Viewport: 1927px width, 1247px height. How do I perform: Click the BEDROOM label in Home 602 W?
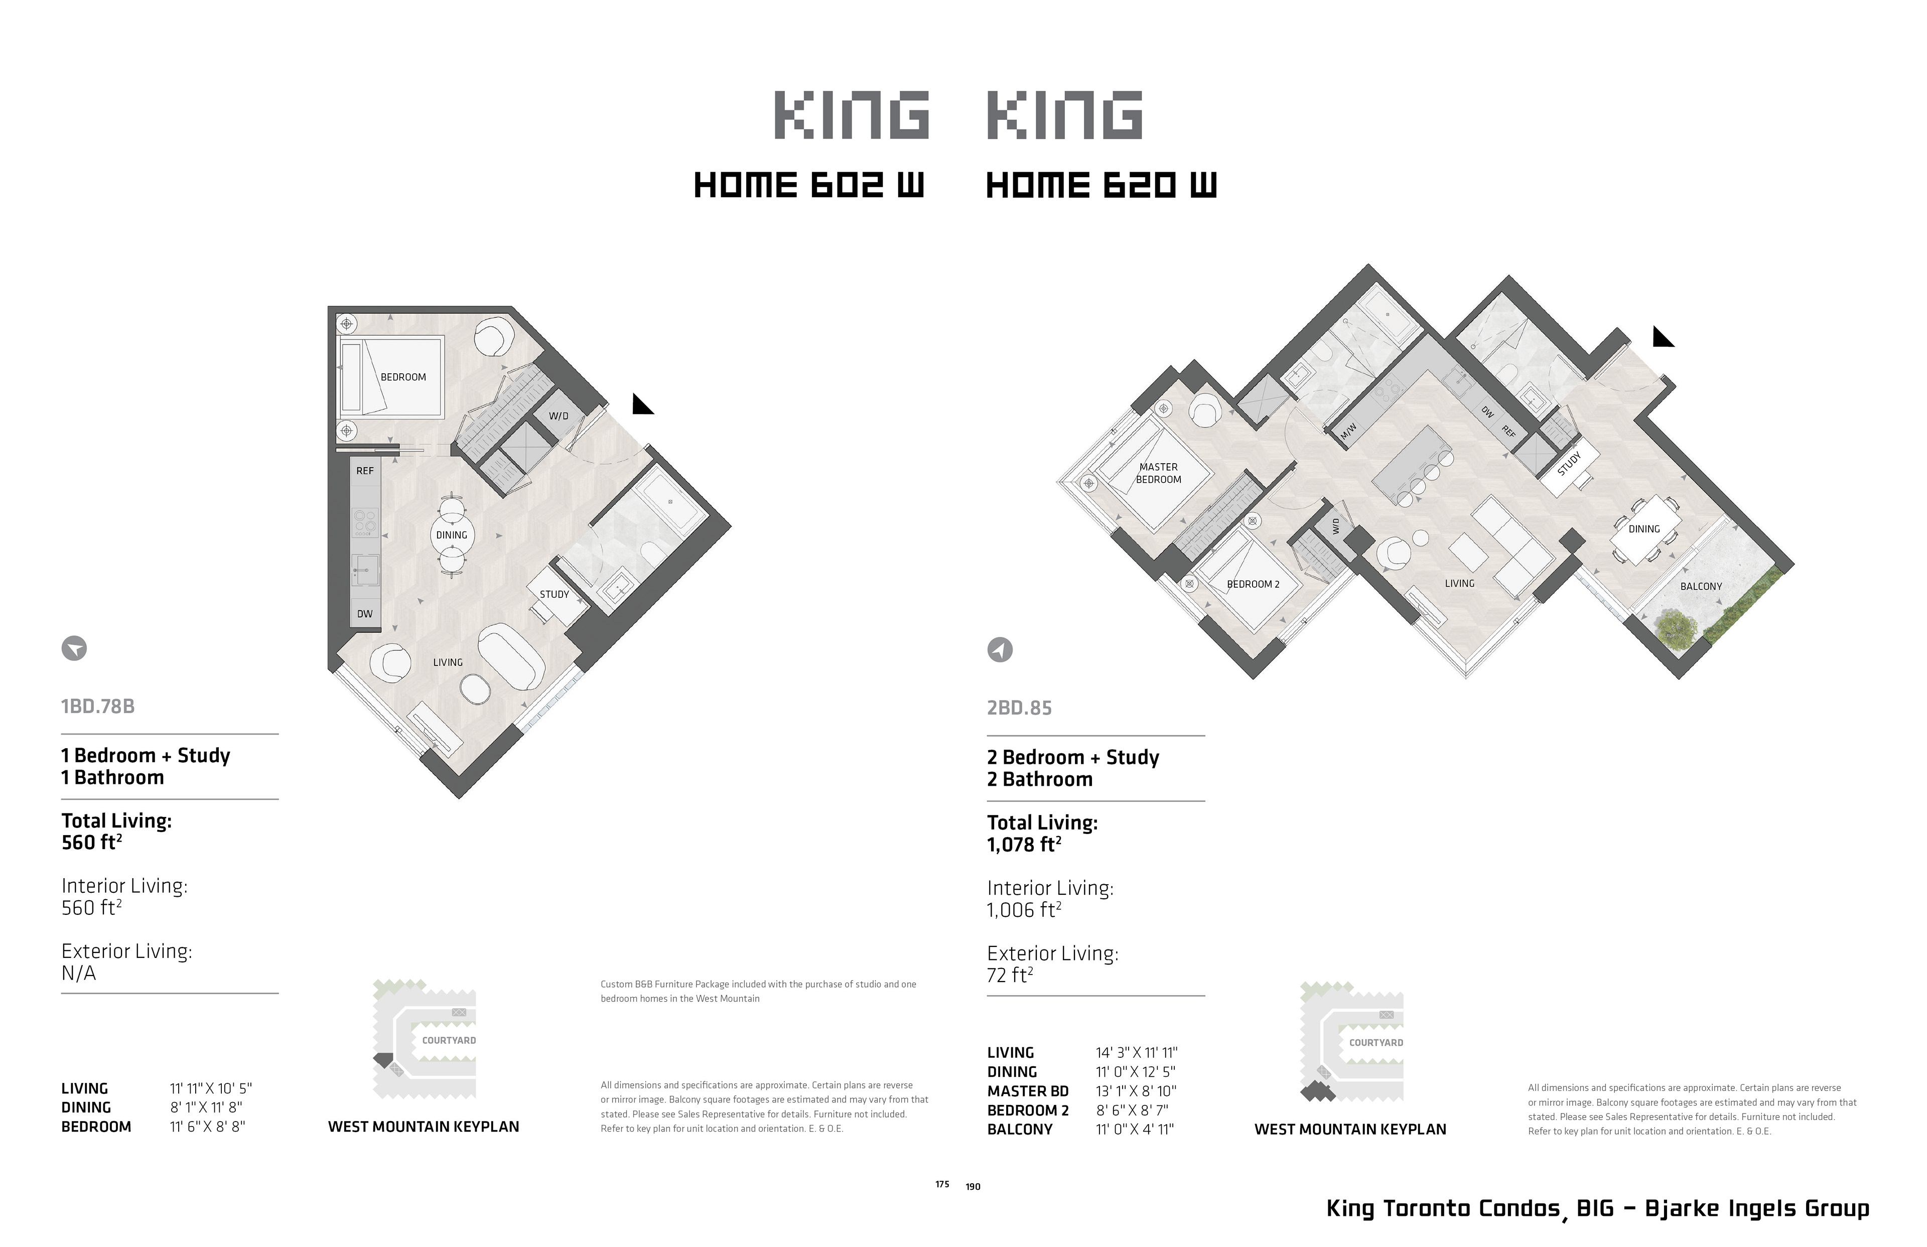pos(403,377)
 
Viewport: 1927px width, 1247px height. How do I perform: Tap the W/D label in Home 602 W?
pos(559,416)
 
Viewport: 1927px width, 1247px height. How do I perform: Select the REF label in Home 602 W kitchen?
pos(365,471)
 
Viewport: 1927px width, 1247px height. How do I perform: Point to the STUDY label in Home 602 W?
pos(555,594)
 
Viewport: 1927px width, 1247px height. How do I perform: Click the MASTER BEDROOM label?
pos(1159,473)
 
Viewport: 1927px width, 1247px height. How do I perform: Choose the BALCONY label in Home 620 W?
pos(1701,586)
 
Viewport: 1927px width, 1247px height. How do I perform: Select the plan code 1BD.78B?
pos(98,706)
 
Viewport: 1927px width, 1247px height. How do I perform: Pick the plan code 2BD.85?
pos(1019,708)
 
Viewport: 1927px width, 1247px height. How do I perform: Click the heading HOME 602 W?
pos(809,186)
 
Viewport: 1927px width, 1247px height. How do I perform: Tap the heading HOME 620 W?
pos(1101,186)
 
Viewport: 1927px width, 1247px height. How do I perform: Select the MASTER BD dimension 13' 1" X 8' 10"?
pos(1136,1091)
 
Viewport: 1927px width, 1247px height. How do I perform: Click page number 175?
pos(942,1184)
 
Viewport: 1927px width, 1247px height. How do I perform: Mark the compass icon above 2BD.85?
pos(1000,649)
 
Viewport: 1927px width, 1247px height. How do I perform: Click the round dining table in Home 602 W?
pos(451,535)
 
